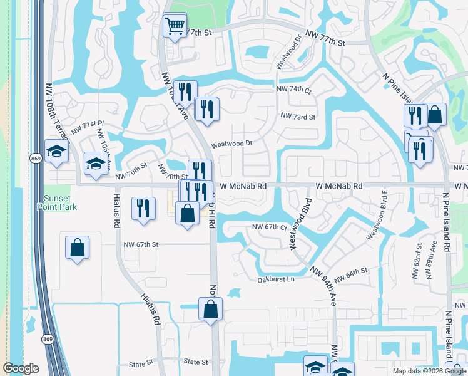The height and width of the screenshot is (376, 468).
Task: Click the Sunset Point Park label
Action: click(x=55, y=202)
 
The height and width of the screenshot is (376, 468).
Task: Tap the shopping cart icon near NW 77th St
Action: click(x=175, y=26)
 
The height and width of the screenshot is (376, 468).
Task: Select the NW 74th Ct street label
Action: click(x=294, y=90)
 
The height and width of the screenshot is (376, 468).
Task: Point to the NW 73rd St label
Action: click(x=298, y=117)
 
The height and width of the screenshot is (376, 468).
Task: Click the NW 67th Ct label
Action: click(x=269, y=227)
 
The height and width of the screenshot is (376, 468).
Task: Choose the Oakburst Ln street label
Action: click(x=276, y=279)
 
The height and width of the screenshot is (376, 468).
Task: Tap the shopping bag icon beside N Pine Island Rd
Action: click(x=434, y=115)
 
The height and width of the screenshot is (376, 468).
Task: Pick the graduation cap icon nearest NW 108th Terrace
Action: click(x=56, y=152)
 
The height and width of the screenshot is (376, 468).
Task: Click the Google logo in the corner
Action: click(x=21, y=368)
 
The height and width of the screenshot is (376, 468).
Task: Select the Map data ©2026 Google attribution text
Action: click(x=429, y=371)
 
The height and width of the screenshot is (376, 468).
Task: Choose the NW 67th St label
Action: click(x=141, y=244)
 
